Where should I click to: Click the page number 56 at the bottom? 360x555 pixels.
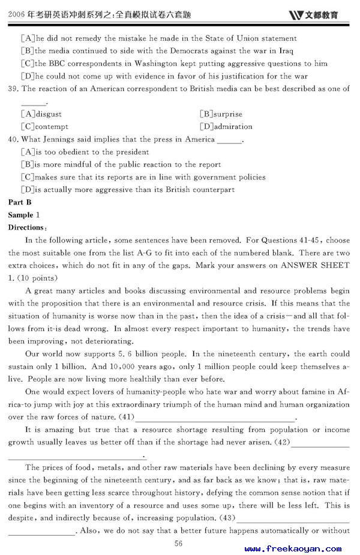178,543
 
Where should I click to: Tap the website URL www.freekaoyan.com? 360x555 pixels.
293,548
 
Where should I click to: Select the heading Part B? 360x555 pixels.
20,202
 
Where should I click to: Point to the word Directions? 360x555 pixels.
28,227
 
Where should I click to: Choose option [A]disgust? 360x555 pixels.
41,114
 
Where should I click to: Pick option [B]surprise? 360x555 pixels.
221,114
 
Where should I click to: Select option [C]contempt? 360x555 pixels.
44,127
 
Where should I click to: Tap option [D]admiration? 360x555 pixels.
226,127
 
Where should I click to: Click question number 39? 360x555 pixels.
13,89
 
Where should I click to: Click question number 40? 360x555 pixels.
13,139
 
